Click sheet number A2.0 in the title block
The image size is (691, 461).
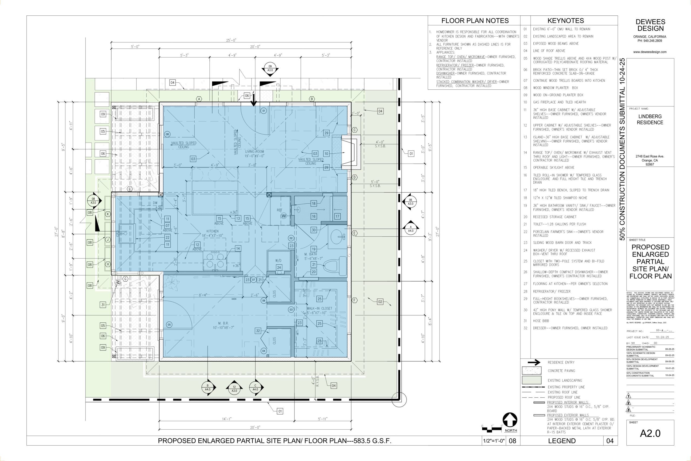coord(650,433)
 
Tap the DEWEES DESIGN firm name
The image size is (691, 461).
coord(650,25)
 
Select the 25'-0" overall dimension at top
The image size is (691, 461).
coord(231,40)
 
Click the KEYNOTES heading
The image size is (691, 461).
coord(565,21)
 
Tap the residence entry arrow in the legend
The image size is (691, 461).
coord(534,362)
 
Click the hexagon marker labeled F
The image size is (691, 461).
coord(355,300)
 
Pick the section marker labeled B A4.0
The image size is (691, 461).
coord(208,388)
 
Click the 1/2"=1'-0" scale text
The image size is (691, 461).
coord(494,441)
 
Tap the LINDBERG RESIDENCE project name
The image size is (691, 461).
coord(650,119)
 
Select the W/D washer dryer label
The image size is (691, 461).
coord(278,261)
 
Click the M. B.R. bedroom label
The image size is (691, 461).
coord(223,325)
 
